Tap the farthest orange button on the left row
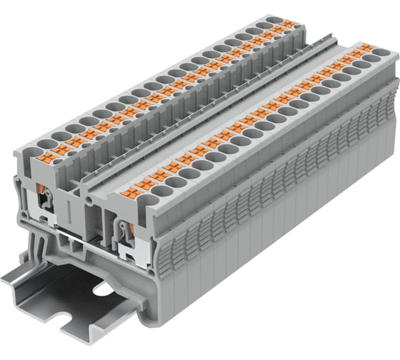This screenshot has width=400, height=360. (289, 24)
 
